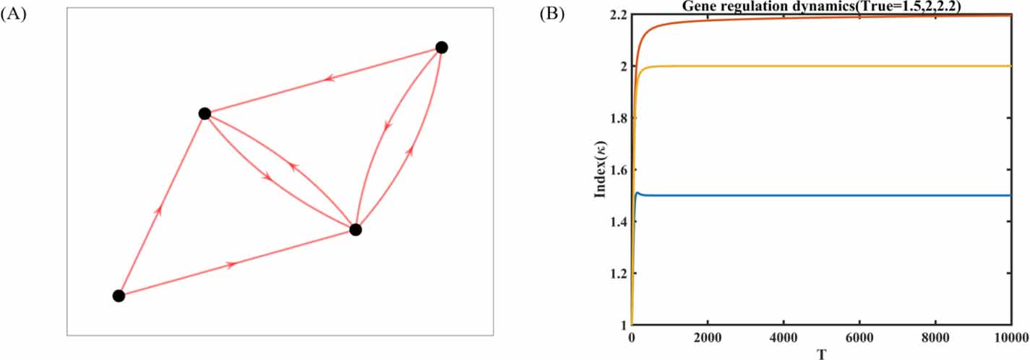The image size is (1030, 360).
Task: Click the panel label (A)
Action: (14, 14)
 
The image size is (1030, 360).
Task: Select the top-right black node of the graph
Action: (442, 48)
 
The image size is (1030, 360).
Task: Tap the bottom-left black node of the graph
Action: (119, 296)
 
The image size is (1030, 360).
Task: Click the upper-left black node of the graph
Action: (205, 113)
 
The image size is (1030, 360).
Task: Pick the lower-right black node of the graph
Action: (355, 230)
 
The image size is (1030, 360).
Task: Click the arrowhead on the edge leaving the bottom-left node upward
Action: (158, 210)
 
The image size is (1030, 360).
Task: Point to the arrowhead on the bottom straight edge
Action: (231, 265)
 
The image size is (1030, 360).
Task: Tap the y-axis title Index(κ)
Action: (599, 169)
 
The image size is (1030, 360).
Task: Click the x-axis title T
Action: (822, 353)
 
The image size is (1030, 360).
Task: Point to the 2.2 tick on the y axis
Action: (619, 14)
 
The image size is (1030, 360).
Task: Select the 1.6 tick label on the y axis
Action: (619, 170)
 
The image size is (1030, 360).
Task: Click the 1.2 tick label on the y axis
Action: (619, 274)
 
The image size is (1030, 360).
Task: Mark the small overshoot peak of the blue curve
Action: (638, 193)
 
